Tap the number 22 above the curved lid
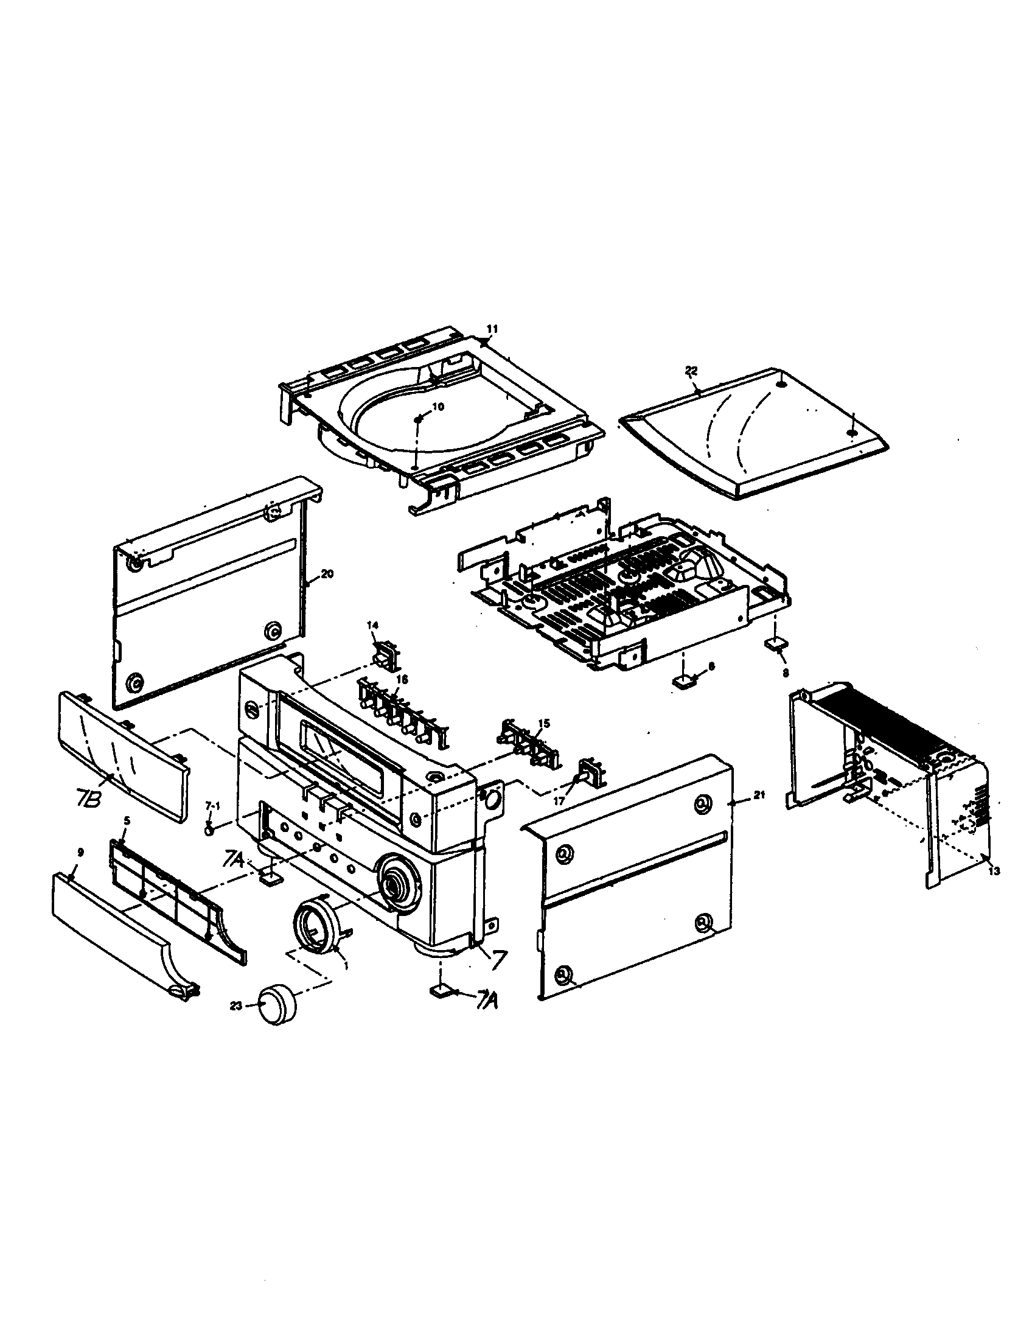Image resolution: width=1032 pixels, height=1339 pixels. pos(691,370)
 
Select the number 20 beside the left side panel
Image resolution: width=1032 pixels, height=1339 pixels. pos(327,574)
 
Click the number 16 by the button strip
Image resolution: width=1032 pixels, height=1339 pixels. pos(402,679)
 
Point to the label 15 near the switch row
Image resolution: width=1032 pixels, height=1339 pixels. pos(543,724)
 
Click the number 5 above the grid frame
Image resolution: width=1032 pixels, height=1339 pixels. pos(126,820)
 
